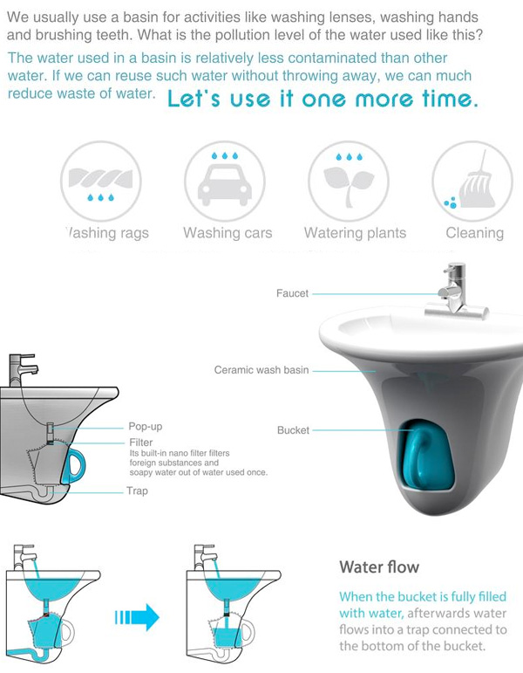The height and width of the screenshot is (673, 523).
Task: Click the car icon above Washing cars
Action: [225, 184]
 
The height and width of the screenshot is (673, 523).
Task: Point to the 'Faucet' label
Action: [292, 293]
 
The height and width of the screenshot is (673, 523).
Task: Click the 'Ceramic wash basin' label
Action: [261, 370]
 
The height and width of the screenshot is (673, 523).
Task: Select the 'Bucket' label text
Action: [293, 430]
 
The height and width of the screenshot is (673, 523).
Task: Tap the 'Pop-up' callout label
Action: [146, 427]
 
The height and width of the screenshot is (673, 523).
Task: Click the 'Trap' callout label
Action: [137, 491]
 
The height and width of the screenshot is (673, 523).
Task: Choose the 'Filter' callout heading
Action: [141, 443]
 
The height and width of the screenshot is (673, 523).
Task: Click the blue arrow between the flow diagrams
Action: [137, 618]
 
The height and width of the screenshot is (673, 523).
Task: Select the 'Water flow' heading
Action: [379, 567]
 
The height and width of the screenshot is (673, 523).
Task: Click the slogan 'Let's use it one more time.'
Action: [323, 99]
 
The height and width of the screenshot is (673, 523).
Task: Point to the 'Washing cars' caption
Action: [228, 233]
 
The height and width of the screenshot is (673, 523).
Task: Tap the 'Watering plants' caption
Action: [355, 233]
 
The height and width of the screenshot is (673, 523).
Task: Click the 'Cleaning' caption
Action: [474, 233]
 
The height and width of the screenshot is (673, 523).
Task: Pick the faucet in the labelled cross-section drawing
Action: [22, 370]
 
